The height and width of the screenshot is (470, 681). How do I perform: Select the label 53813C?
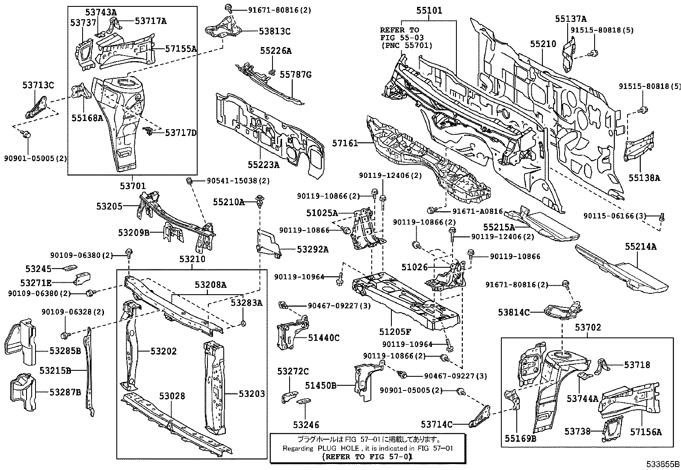[274, 31]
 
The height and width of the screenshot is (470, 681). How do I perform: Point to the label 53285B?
[65, 351]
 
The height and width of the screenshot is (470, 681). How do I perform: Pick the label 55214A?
[641, 246]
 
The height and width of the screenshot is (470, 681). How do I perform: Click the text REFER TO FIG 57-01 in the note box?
[367, 457]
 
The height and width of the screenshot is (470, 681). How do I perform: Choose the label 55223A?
[263, 165]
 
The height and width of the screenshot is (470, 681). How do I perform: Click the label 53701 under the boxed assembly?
[133, 186]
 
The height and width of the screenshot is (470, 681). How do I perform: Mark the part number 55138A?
[644, 177]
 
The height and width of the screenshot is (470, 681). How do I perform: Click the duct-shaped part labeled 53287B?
[24, 392]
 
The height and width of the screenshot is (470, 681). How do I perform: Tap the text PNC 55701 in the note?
[406, 45]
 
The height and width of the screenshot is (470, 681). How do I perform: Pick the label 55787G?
[296, 75]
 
